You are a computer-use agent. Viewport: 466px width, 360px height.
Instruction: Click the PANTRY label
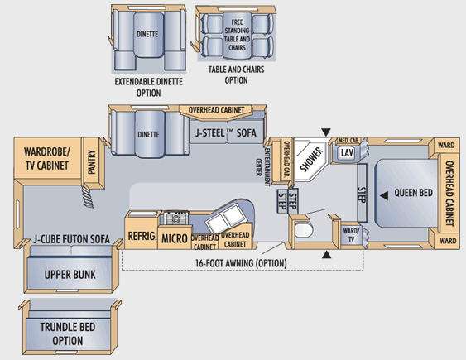tap(92, 162)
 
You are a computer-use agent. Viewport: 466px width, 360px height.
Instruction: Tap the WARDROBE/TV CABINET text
tap(47, 159)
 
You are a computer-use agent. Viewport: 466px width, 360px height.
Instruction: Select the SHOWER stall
tap(310, 160)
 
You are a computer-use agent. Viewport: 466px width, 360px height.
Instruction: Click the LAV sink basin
tap(346, 152)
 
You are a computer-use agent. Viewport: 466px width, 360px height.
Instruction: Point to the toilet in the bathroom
tap(304, 229)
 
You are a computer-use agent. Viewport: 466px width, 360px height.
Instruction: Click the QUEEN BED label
tap(413, 193)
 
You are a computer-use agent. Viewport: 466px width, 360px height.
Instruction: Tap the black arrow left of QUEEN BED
tap(384, 196)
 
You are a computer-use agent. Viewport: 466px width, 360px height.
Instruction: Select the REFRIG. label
tap(142, 236)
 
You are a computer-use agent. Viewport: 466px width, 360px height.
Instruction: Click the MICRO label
tap(175, 238)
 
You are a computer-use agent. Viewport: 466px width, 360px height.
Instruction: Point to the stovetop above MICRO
tap(175, 218)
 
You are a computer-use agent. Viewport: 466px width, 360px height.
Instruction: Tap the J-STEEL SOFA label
tap(226, 132)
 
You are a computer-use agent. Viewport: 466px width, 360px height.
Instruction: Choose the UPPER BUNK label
tap(70, 275)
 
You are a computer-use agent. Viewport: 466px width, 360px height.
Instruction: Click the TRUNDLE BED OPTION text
tap(68, 334)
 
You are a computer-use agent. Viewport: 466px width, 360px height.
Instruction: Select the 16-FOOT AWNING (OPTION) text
tap(241, 263)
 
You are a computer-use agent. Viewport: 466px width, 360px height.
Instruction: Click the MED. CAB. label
tap(348, 140)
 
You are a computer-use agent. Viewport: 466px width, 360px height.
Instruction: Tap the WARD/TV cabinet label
tap(351, 235)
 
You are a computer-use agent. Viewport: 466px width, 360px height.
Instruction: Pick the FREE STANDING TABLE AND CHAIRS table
tap(237, 35)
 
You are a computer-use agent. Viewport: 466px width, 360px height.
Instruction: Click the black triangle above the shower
tap(326, 132)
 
